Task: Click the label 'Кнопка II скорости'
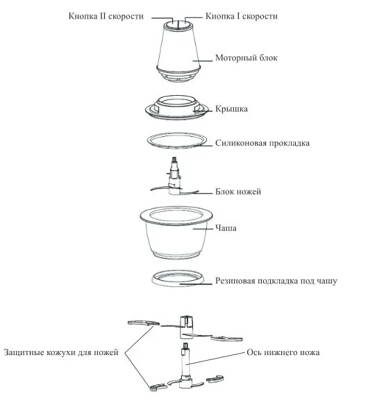click(x=106, y=16)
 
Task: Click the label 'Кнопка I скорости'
click(x=242, y=16)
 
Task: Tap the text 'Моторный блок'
click(x=246, y=58)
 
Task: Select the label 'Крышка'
click(x=231, y=109)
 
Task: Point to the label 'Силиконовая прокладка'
click(x=262, y=143)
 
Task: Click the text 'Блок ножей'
click(x=238, y=192)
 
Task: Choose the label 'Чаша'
click(x=226, y=228)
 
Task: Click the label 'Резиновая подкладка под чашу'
click(x=276, y=281)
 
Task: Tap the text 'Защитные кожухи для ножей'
click(x=61, y=352)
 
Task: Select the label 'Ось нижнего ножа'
click(x=283, y=352)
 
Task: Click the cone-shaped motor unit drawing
click(x=178, y=51)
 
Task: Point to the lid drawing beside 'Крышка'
click(x=177, y=108)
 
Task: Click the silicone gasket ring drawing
click(x=177, y=147)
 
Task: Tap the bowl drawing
click(x=176, y=233)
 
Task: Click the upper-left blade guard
click(x=143, y=323)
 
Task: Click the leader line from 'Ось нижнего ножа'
click(x=215, y=358)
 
